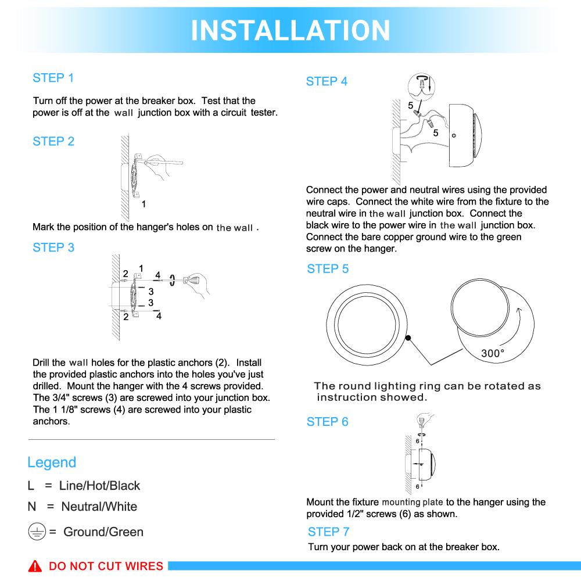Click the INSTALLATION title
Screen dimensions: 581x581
pyautogui.click(x=290, y=30)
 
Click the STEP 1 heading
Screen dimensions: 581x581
pyautogui.click(x=53, y=78)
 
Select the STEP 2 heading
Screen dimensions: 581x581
pyautogui.click(x=53, y=141)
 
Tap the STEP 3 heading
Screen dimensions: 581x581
pyautogui.click(x=53, y=248)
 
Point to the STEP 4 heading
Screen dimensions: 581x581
pyautogui.click(x=327, y=82)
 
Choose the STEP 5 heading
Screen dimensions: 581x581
pyautogui.click(x=328, y=269)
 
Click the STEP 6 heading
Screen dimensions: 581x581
pyautogui.click(x=327, y=422)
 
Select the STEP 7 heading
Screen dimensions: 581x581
pyautogui.click(x=328, y=532)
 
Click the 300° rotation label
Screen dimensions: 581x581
pyautogui.click(x=493, y=353)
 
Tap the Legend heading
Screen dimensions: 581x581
pyautogui.click(x=52, y=462)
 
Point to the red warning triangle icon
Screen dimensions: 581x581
pyautogui.click(x=37, y=566)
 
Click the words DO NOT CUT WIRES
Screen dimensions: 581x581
pyautogui.click(x=106, y=566)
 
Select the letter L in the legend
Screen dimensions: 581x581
pyautogui.click(x=31, y=486)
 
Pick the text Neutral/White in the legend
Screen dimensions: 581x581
pyautogui.click(x=99, y=507)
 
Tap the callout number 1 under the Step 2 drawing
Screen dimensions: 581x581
pyautogui.click(x=144, y=204)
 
